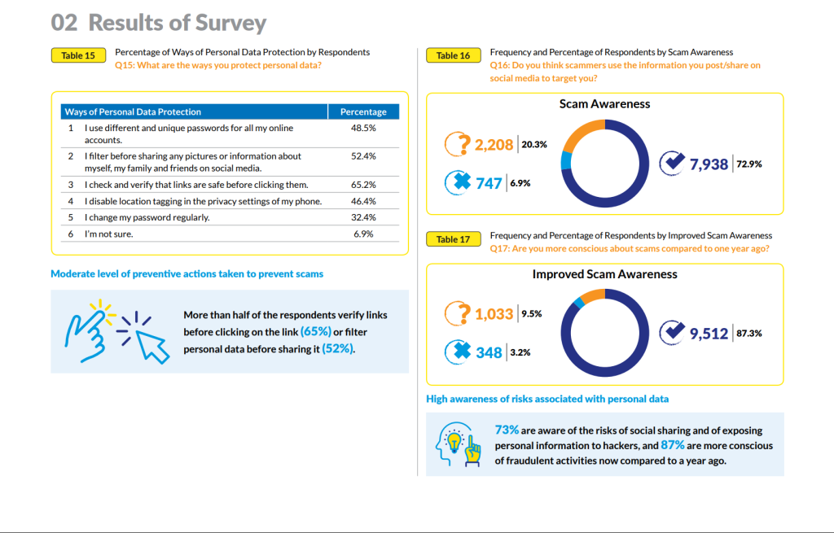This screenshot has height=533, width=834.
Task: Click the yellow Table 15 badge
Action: (78, 55)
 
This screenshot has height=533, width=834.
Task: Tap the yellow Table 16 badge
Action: (453, 55)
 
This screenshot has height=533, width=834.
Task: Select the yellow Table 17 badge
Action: (453, 239)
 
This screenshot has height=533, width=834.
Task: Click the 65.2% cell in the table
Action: (363, 185)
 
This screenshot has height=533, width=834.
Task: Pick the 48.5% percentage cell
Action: (363, 128)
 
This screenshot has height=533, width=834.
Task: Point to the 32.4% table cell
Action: (363, 217)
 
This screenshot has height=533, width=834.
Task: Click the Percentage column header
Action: (363, 111)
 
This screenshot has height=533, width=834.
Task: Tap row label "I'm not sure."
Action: (108, 234)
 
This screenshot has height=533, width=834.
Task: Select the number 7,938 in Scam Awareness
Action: (709, 164)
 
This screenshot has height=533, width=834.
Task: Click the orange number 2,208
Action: (494, 145)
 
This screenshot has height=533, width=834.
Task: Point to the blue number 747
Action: (489, 183)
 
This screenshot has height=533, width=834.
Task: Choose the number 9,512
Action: (709, 334)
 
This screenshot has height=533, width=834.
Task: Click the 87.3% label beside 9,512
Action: (749, 333)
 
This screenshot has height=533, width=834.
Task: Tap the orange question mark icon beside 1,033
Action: (458, 313)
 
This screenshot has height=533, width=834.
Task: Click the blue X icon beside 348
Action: (458, 352)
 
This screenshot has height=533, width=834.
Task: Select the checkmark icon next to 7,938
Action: (672, 163)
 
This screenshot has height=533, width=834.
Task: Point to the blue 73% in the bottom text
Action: (507, 430)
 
